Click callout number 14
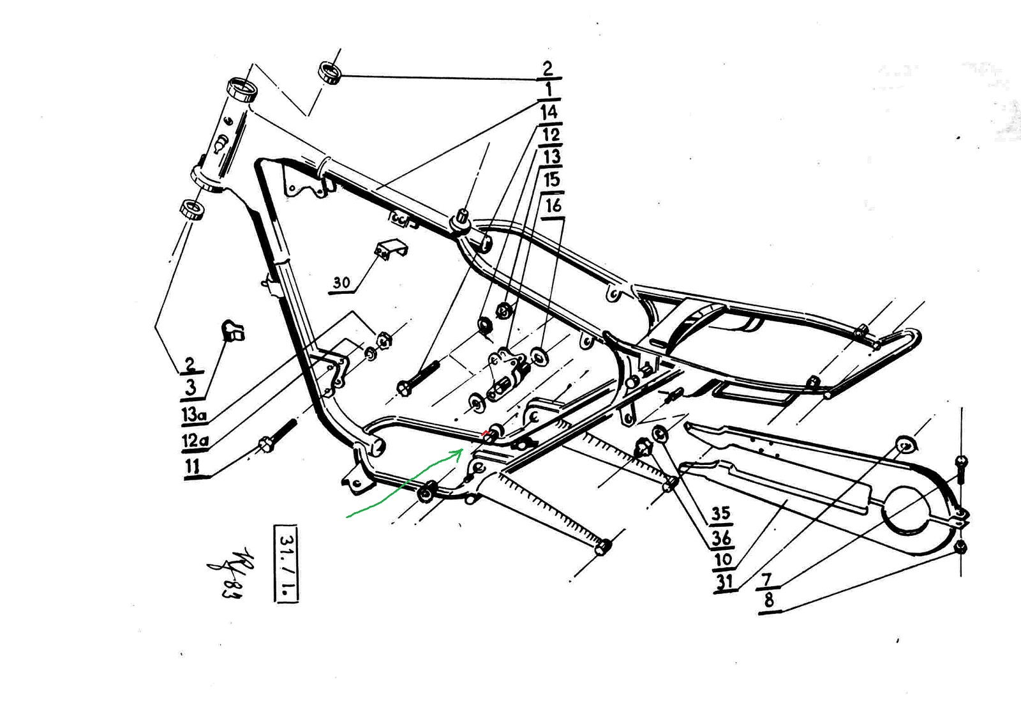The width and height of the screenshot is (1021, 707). tap(549, 112)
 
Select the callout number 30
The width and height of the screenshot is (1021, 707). tap(342, 282)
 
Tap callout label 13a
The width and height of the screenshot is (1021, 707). tap(194, 414)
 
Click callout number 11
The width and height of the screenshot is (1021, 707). tap(192, 466)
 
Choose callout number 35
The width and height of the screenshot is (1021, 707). tap(721, 513)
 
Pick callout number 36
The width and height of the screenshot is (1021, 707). tap(721, 538)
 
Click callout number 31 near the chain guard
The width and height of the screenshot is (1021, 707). tap(724, 582)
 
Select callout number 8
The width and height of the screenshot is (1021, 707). tap(769, 600)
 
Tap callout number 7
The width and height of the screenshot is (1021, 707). tap(767, 579)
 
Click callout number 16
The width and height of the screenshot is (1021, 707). tap(553, 206)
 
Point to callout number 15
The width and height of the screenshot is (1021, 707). tap(552, 180)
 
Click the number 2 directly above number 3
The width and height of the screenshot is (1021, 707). tap(190, 365)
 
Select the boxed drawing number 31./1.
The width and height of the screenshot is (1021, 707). tap(286, 563)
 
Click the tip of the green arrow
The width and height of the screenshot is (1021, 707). tap(461, 450)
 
